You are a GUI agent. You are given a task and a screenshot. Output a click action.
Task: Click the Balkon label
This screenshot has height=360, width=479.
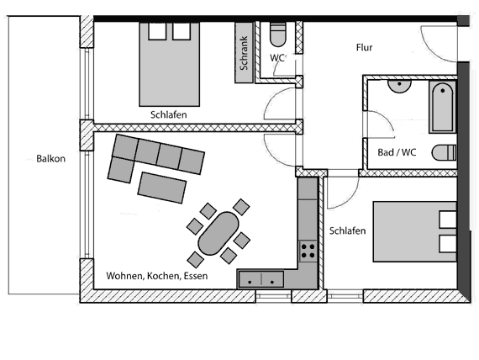(50, 159)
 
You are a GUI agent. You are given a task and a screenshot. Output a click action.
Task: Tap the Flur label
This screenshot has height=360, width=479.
(364, 47)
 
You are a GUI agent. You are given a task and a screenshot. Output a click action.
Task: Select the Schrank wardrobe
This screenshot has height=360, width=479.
(244, 53)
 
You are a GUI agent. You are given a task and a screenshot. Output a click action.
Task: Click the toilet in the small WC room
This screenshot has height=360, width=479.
(278, 34)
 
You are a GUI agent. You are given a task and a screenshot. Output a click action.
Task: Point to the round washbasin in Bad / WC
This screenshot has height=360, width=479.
(399, 86)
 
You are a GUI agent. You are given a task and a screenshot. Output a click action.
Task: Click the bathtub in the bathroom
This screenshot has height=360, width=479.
(442, 107)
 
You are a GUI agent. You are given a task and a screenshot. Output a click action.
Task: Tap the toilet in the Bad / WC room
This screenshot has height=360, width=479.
(444, 152)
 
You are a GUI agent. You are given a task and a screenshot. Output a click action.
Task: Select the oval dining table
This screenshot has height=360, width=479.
(218, 233)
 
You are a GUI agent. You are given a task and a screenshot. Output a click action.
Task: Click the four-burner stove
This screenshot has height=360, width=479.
(308, 251)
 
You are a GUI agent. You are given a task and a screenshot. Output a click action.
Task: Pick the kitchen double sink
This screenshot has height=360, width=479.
(261, 279)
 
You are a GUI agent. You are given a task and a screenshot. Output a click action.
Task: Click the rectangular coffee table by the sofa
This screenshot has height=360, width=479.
(162, 188)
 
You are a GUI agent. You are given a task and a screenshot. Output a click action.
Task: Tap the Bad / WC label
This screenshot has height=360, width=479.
(397, 152)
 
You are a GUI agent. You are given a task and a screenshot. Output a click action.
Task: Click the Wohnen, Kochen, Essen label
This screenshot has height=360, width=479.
(157, 276)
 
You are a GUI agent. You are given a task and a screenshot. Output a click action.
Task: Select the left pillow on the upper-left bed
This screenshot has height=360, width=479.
(157, 31)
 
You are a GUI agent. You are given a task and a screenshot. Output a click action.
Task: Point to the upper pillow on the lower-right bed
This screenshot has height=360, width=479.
(448, 219)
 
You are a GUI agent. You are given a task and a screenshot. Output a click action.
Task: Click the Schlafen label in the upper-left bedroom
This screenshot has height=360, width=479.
(168, 114)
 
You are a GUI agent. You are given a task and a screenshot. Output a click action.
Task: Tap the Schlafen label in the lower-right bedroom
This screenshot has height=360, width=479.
(347, 230)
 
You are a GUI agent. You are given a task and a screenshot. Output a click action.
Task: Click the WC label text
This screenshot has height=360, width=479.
(277, 58)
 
